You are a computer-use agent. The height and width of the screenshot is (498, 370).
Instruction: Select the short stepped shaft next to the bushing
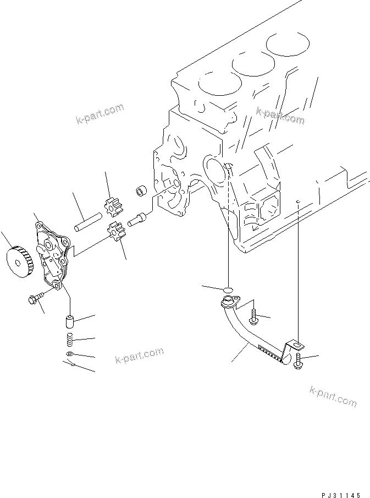coord(137,220)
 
